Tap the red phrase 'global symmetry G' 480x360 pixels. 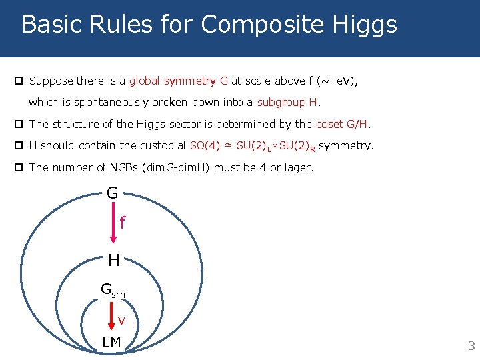179,81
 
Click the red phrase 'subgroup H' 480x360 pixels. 288,103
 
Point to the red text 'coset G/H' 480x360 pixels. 342,124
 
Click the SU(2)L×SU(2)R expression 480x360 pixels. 276,146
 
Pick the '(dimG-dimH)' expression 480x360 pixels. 175,167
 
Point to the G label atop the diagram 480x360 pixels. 112,193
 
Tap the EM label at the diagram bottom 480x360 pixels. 111,342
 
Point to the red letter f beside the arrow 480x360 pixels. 123,222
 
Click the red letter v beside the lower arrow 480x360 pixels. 121,321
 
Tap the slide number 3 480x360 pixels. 471,346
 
